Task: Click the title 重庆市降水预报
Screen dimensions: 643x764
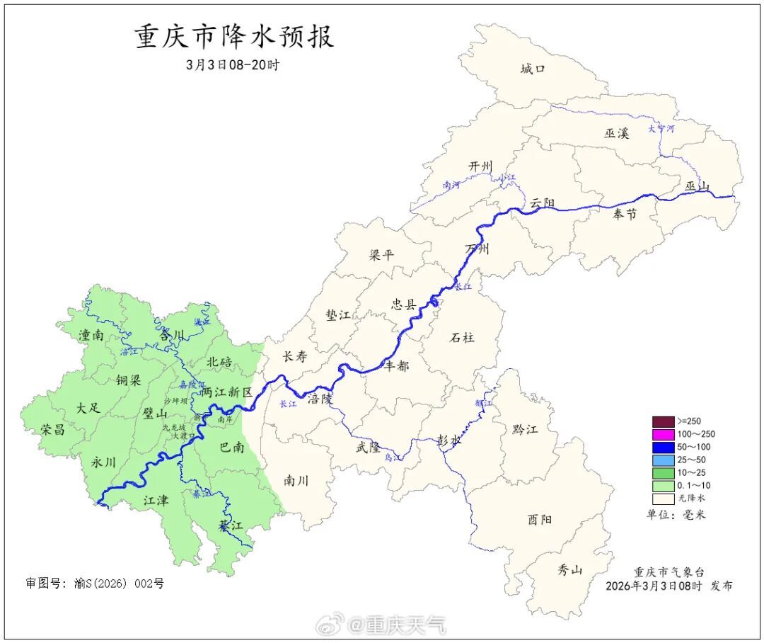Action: tap(234, 37)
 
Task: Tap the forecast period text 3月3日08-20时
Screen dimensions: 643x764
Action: tap(233, 64)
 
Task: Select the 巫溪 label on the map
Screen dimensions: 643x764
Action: tap(616, 133)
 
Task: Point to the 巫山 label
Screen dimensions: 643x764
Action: tap(697, 186)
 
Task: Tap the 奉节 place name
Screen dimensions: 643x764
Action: tap(625, 214)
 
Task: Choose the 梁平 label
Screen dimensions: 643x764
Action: tap(381, 255)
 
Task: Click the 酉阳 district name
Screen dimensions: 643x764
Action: tap(540, 519)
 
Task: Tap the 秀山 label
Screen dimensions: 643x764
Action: tap(569, 569)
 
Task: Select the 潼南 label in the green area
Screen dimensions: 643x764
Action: tap(91, 335)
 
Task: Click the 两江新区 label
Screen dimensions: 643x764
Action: tap(226, 392)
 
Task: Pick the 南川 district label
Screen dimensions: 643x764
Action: tap(296, 480)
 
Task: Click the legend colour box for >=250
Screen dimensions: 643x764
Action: tap(663, 421)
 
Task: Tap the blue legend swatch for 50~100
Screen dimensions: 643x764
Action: tap(663, 447)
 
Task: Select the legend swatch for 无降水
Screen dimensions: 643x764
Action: tap(663, 499)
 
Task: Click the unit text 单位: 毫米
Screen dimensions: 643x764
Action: tap(676, 515)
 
